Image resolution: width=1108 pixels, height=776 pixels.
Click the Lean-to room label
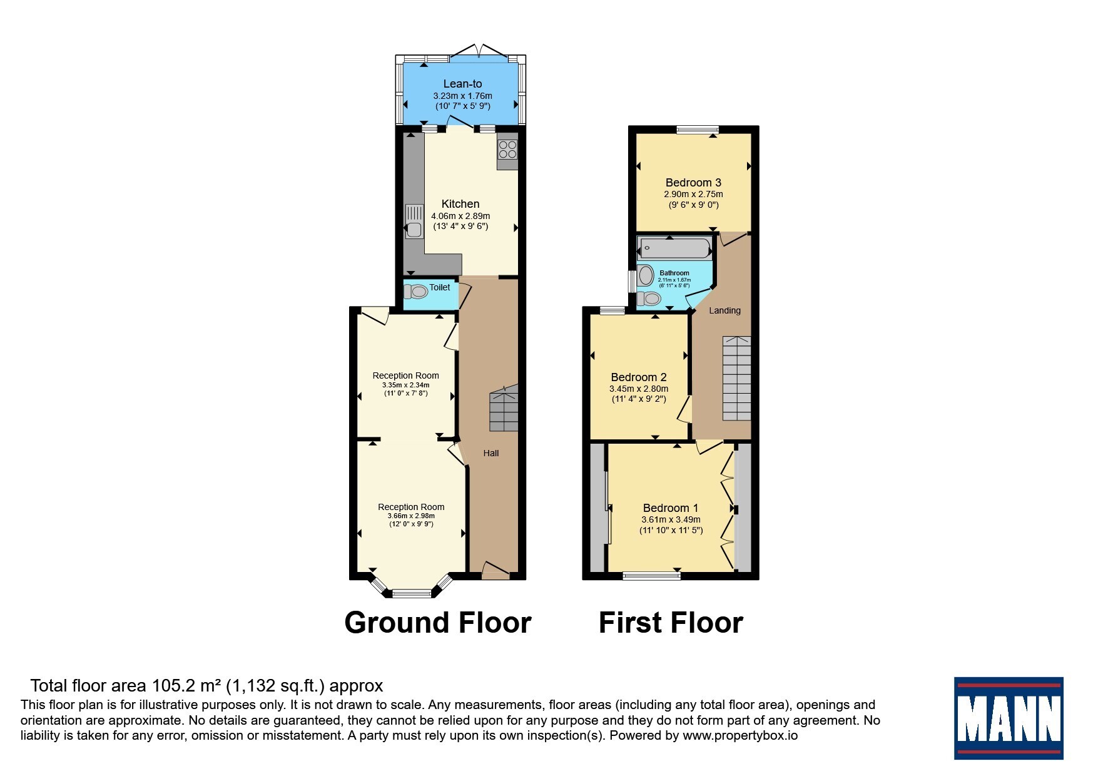click(x=462, y=84)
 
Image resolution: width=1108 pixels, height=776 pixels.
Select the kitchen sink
click(x=414, y=222)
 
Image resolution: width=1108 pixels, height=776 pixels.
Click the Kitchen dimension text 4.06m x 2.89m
click(x=460, y=216)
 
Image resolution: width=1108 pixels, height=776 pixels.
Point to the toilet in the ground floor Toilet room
click(x=415, y=292)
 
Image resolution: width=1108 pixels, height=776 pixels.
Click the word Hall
click(x=491, y=453)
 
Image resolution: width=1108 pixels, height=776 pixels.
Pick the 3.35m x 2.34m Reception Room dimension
click(x=406, y=385)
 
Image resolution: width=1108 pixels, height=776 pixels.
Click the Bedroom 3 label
click(x=693, y=183)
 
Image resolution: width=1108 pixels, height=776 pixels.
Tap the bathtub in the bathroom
click(x=674, y=248)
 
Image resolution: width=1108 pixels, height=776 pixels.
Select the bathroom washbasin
click(x=646, y=275)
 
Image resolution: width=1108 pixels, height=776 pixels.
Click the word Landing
click(x=724, y=310)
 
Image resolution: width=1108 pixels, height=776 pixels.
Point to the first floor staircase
click(x=737, y=378)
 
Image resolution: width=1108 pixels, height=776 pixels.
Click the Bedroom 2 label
click(x=639, y=377)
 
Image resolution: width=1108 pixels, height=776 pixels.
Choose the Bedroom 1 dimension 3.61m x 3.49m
click(x=671, y=519)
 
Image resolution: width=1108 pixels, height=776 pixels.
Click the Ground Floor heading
click(x=438, y=623)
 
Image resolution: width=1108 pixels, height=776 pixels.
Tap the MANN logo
click(x=1009, y=718)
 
